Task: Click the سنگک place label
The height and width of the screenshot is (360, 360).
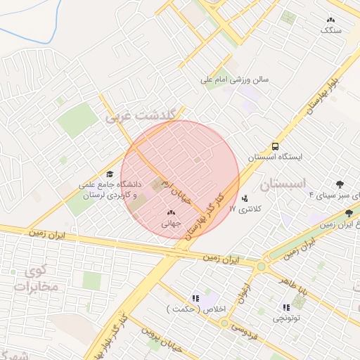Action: click(330, 30)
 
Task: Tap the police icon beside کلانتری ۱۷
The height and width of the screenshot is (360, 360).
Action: click(245, 198)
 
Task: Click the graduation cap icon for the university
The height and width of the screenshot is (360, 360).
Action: click(109, 173)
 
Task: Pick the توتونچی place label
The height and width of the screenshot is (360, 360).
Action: click(286, 318)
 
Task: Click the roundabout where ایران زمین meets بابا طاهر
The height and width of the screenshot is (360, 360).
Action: click(261, 266)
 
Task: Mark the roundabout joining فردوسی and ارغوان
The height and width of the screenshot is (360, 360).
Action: click(224, 323)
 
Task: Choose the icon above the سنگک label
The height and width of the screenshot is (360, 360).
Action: click(330, 19)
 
